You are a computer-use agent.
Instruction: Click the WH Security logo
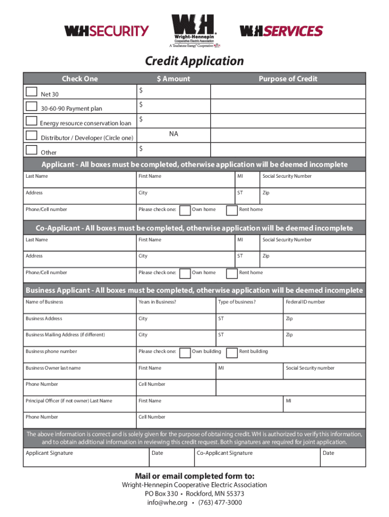[106, 31]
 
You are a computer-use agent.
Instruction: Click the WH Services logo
[281, 31]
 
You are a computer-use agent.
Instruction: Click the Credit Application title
[194, 61]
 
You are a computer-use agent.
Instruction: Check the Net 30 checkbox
[31, 91]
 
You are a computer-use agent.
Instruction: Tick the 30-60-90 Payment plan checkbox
[31, 106]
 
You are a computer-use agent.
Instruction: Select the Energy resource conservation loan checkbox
[31, 121]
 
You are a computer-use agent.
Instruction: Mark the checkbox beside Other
[31, 149]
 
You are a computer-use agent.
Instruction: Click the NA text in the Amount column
[174, 134]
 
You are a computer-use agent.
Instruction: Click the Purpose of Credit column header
[288, 78]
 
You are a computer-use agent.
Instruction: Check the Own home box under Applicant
[185, 210]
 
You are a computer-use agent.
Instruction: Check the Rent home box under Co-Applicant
[231, 273]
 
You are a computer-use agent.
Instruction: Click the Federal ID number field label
[305, 302]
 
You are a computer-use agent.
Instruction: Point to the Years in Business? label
[157, 302]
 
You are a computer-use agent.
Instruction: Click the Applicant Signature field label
[49, 453]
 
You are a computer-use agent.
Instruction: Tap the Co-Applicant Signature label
[224, 453]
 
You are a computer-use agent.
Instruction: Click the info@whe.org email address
[167, 502]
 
